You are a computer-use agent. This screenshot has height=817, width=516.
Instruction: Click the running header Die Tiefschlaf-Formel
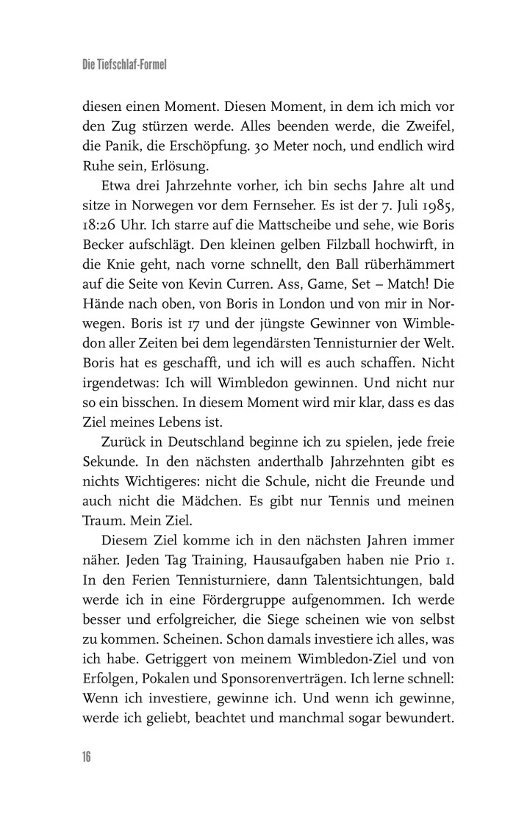[125, 65]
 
